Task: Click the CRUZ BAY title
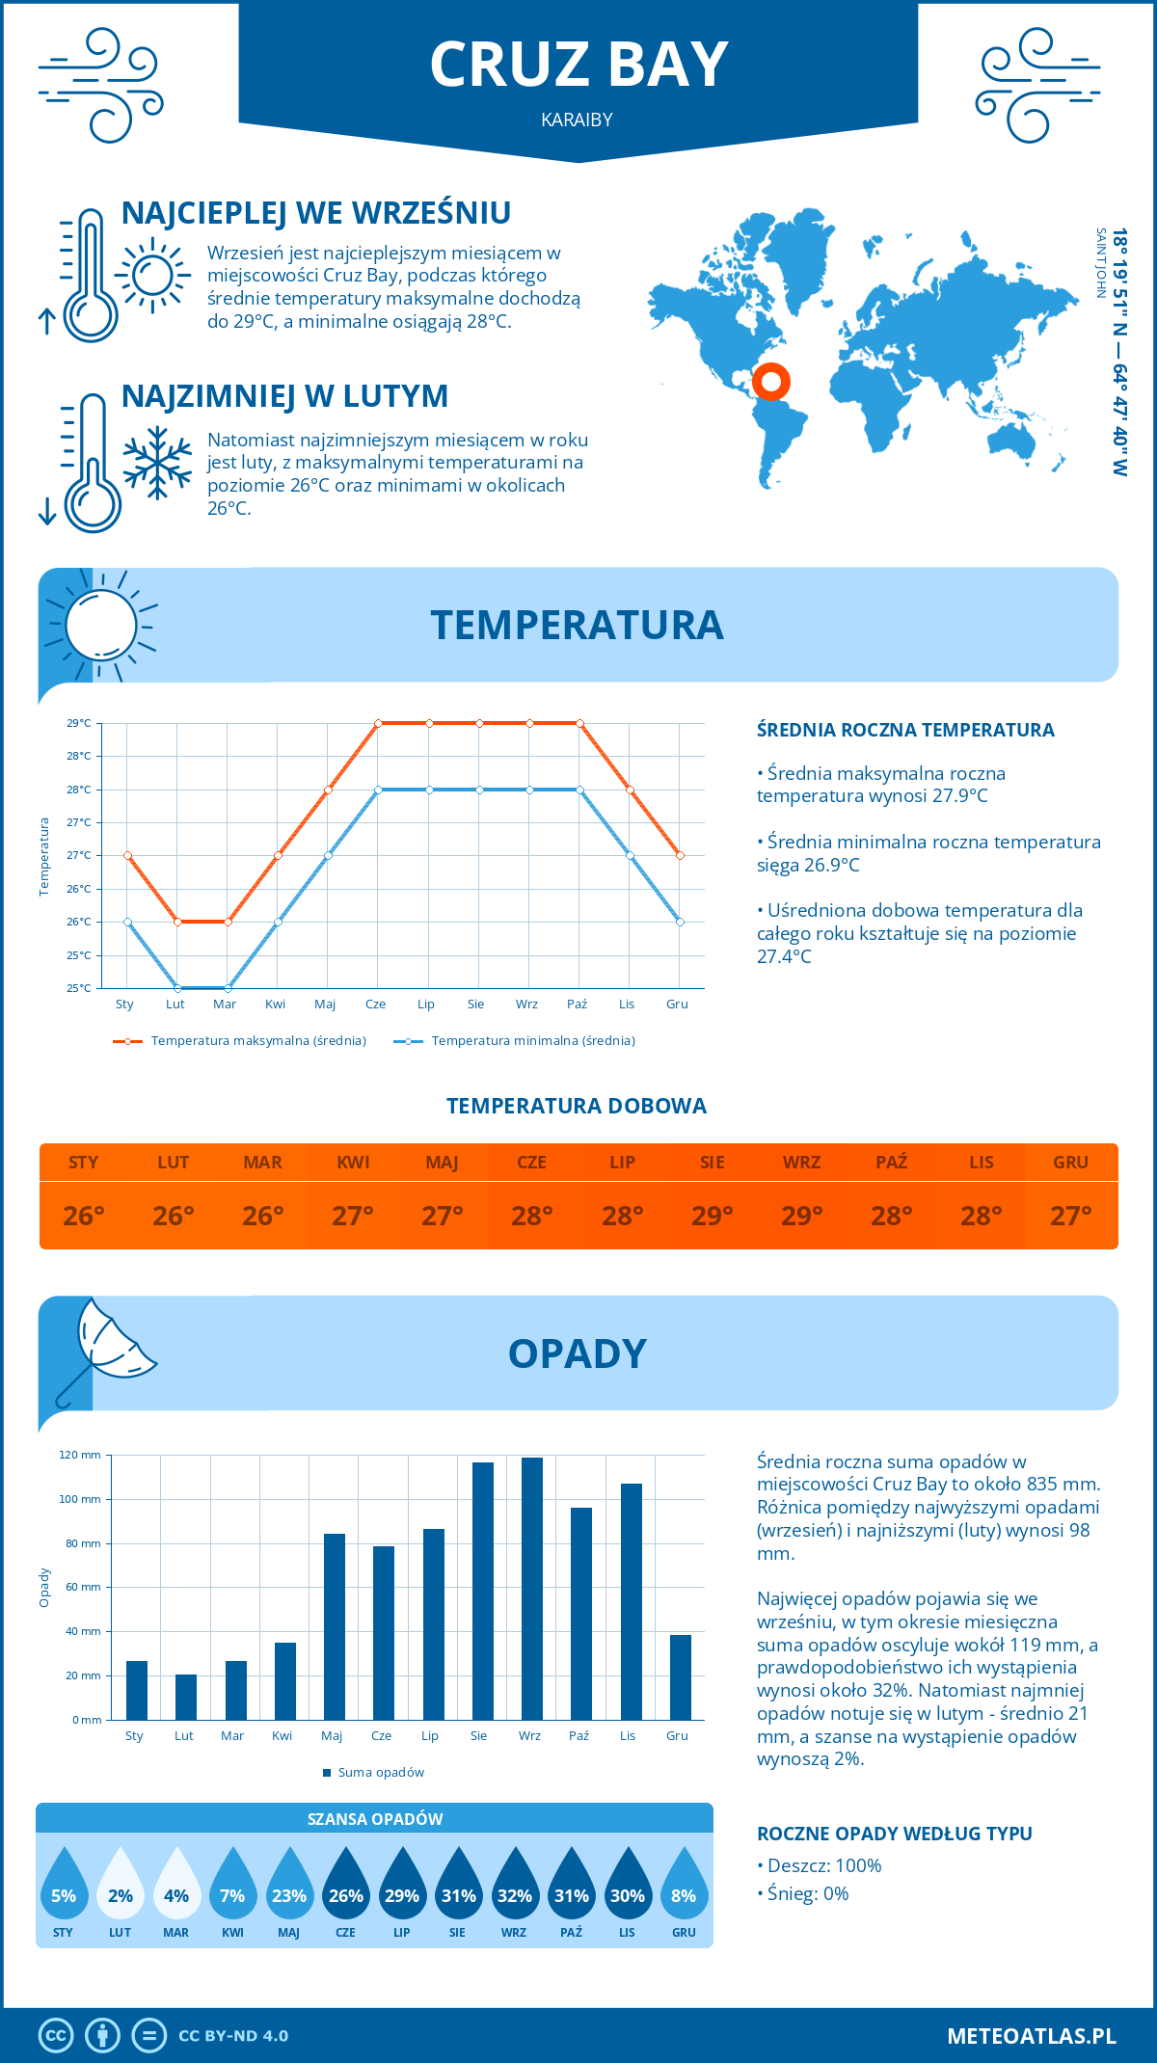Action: point(578,66)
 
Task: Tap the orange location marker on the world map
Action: point(771,381)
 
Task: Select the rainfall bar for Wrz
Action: point(532,1588)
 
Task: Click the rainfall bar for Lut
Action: point(186,1697)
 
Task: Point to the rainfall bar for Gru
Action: point(681,1677)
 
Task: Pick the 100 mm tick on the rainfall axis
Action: point(80,1499)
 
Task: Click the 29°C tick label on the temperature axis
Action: point(79,723)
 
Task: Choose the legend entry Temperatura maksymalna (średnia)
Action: point(240,1041)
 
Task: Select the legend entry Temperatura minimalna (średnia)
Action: point(515,1041)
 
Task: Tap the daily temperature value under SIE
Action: point(712,1216)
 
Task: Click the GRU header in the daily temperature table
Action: point(1070,1163)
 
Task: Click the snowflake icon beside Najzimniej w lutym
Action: point(157,463)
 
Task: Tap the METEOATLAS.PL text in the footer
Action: point(1031,2036)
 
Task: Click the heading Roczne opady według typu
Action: point(894,1834)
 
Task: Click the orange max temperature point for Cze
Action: point(378,723)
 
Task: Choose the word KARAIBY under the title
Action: point(578,121)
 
